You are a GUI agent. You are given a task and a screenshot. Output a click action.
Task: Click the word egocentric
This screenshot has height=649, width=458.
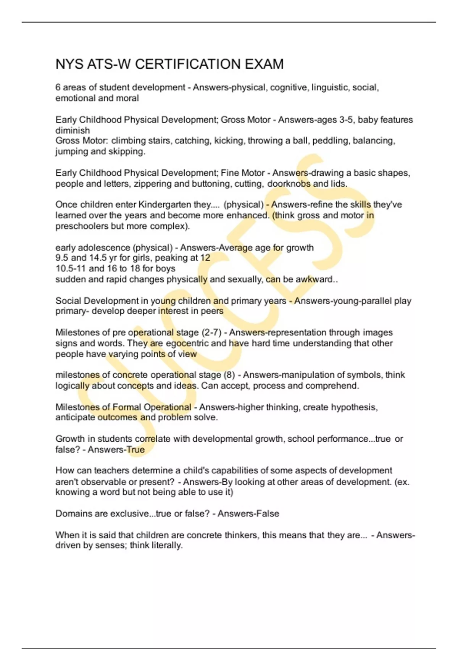(187, 343)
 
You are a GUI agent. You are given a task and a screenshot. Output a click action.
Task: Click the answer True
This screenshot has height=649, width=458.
(136, 450)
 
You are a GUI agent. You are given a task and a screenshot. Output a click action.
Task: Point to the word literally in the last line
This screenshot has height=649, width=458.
(167, 545)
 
